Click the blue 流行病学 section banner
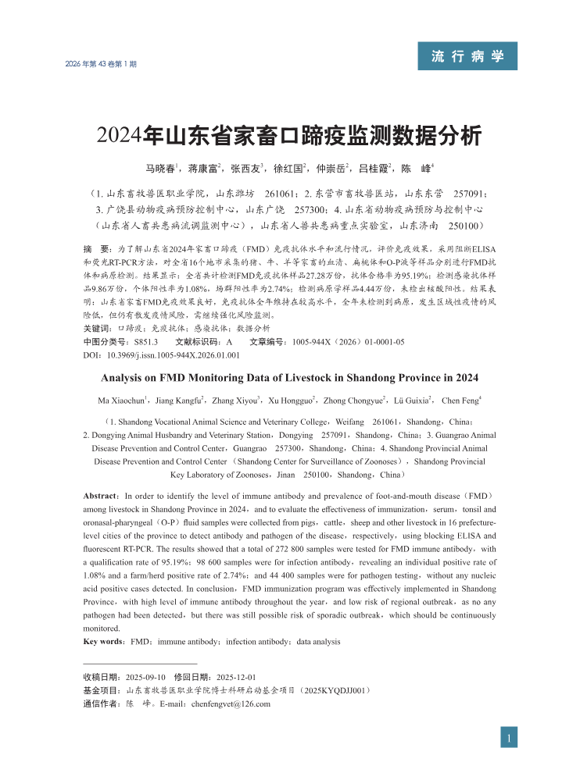click(x=467, y=56)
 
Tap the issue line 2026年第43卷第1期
click(x=101, y=64)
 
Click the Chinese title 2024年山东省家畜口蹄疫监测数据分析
click(x=289, y=134)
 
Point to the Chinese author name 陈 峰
click(x=415, y=169)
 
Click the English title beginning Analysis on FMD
click(x=289, y=378)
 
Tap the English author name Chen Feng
click(x=460, y=401)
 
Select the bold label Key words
click(x=104, y=642)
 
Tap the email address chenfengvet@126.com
click(x=227, y=704)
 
